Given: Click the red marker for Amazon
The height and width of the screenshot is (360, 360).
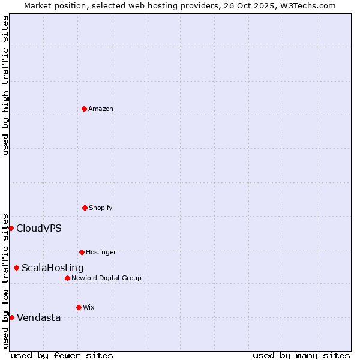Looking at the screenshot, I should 85,109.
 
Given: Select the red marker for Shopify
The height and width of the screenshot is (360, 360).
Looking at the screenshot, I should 85,208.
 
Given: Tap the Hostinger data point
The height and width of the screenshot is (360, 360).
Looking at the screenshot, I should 82,252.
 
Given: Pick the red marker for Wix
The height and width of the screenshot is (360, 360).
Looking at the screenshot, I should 79,307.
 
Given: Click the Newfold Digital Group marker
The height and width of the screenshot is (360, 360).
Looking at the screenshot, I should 67,278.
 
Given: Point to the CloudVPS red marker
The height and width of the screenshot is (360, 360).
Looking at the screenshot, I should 11,228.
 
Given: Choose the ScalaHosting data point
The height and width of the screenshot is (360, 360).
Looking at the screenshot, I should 16,268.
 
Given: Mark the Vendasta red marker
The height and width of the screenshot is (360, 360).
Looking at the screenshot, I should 11,317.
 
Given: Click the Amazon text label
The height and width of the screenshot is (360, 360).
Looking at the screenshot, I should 100,109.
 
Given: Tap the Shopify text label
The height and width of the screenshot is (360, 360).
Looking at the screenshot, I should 100,208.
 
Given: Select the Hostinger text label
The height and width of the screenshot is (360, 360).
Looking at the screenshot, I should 101,253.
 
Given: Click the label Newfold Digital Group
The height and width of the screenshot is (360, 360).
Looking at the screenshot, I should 106,278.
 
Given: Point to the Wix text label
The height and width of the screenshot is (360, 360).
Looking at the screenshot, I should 88,308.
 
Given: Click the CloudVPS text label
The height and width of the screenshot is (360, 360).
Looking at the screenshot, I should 38,229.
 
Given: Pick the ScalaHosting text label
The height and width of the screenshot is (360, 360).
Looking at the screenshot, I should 52,268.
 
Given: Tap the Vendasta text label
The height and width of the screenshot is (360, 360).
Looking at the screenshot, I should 38,318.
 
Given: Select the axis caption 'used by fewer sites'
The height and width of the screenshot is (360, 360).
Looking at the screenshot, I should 62,355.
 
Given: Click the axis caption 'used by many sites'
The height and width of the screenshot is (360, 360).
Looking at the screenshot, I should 301,355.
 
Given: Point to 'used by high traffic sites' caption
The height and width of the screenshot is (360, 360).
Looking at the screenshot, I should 5,85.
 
